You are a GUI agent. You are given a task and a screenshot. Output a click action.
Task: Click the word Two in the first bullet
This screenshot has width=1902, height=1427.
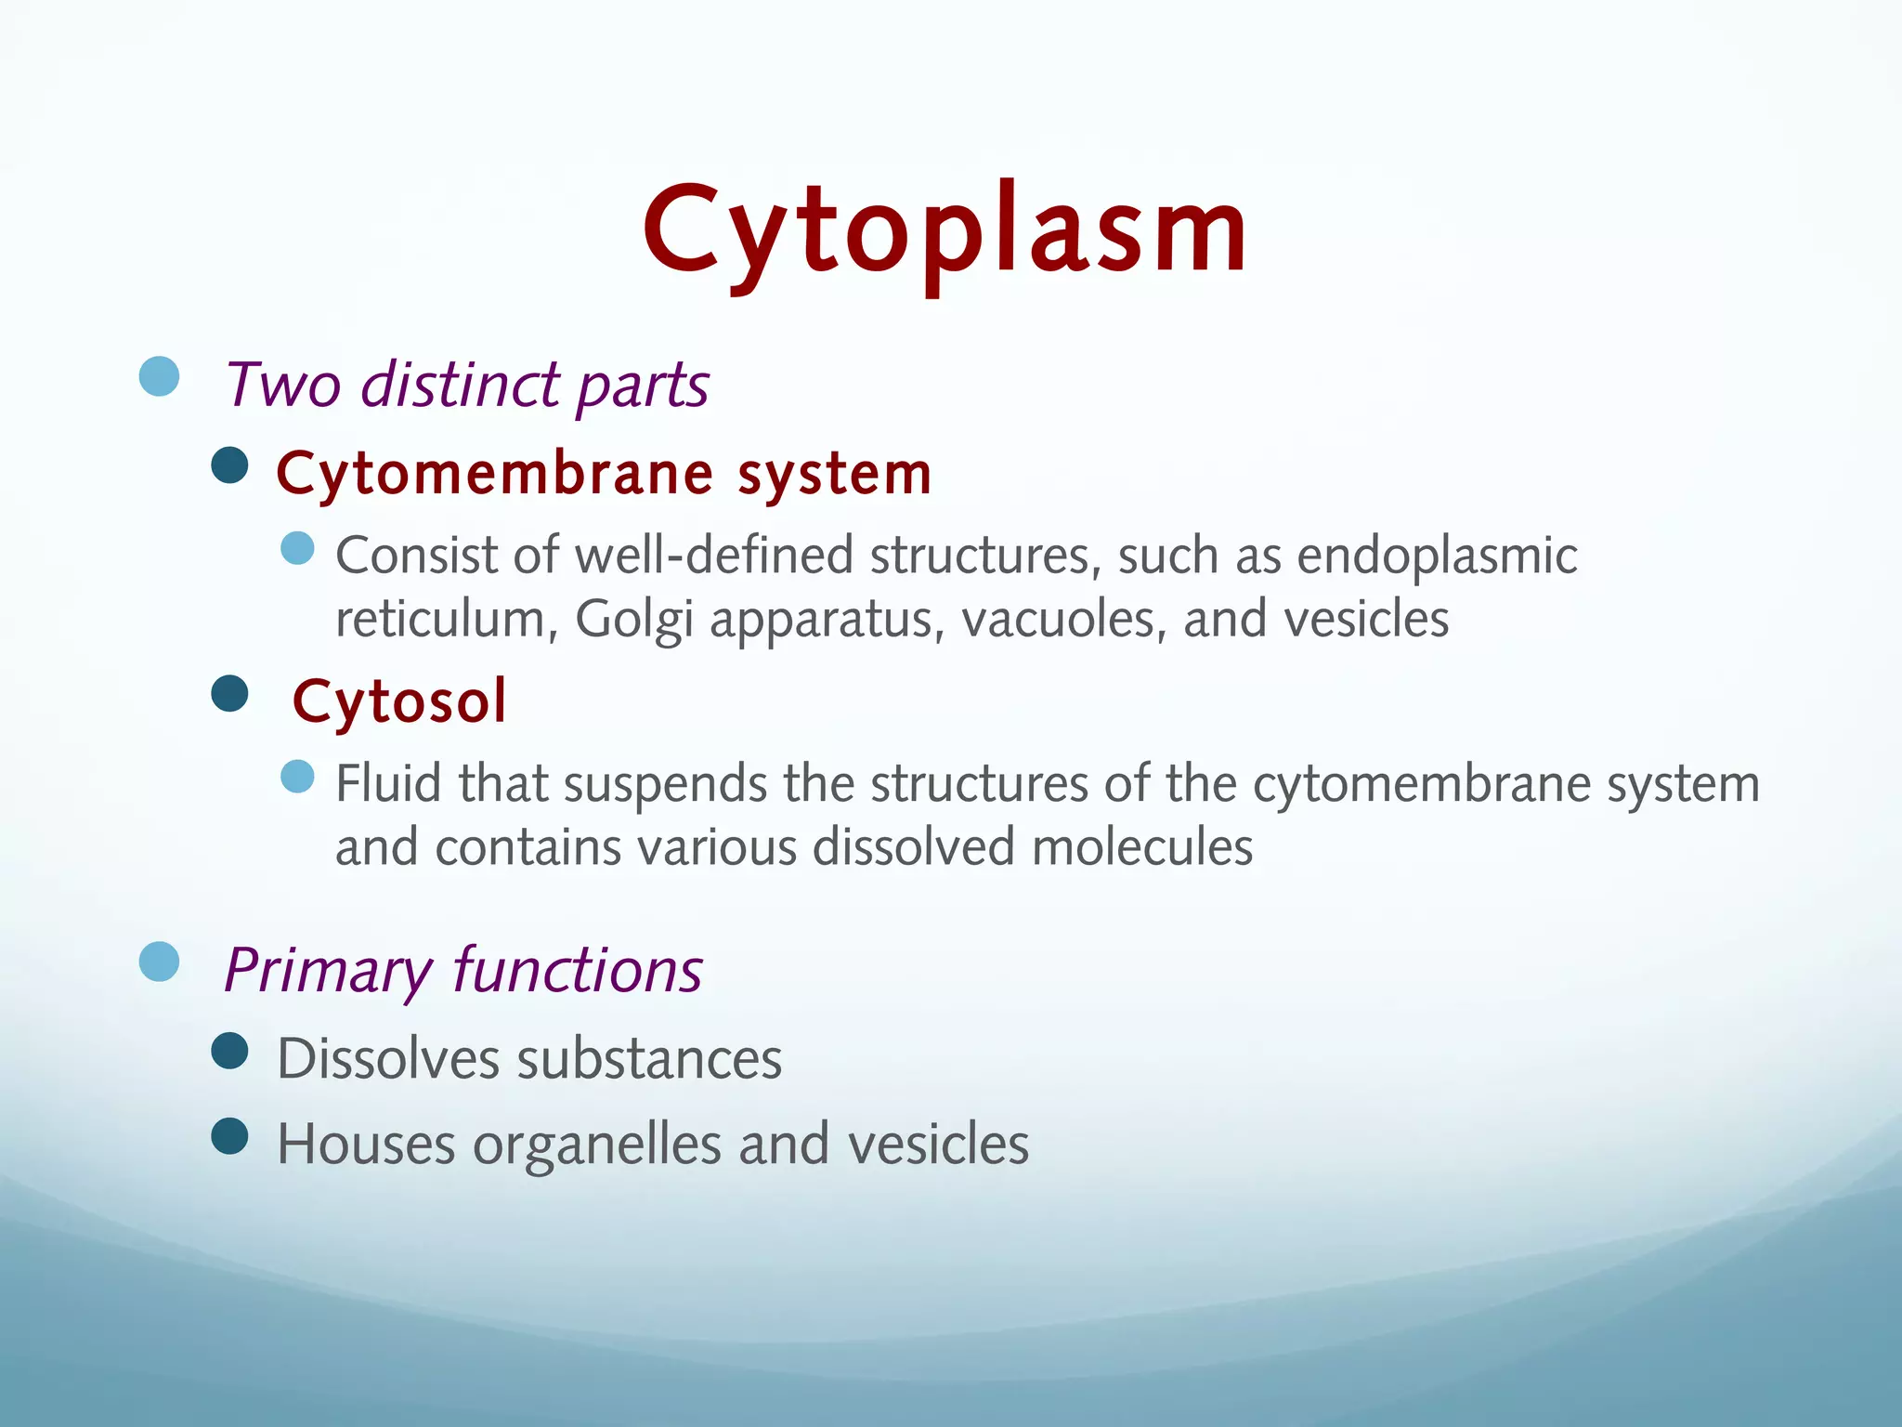[282, 385]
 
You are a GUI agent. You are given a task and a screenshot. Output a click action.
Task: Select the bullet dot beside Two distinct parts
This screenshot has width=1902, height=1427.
[159, 376]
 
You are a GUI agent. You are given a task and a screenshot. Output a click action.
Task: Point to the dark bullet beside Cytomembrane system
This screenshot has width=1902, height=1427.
[229, 465]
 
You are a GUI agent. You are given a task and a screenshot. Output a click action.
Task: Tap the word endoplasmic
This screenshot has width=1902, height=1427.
[1436, 556]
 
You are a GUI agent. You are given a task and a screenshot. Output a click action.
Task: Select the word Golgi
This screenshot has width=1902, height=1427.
[633, 620]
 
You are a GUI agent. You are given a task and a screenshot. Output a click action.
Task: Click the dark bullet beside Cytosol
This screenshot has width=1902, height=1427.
[229, 693]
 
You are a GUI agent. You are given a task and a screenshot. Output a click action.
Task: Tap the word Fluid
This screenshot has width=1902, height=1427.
[388, 783]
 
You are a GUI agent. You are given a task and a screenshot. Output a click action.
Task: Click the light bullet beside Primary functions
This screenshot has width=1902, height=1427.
[159, 962]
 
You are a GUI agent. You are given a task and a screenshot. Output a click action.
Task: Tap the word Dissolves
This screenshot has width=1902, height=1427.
[388, 1058]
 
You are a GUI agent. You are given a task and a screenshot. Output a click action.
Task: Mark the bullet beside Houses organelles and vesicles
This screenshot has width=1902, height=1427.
[229, 1135]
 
